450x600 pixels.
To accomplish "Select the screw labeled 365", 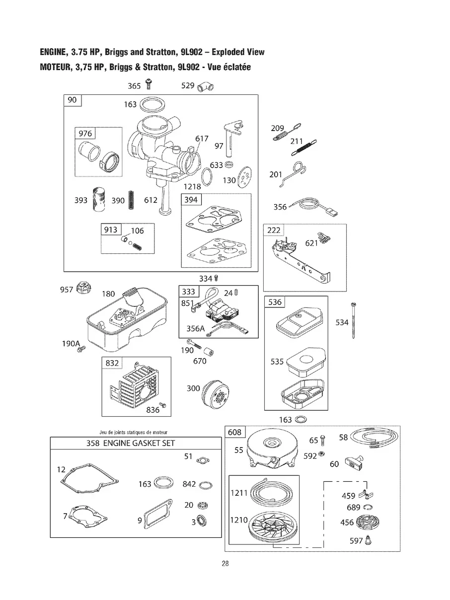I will pyautogui.click(x=148, y=85).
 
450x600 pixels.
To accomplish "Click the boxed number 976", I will pyautogui.click(x=85, y=134).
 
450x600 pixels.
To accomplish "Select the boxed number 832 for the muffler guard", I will pyautogui.click(x=112, y=363).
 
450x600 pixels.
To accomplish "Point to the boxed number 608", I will pyautogui.click(x=234, y=432).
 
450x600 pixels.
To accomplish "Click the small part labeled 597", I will pyautogui.click(x=369, y=540).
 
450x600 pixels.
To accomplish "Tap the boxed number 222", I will pyautogui.click(x=274, y=230).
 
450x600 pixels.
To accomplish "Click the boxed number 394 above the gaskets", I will pyautogui.click(x=191, y=200).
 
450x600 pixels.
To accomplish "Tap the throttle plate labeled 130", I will pyautogui.click(x=243, y=177).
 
